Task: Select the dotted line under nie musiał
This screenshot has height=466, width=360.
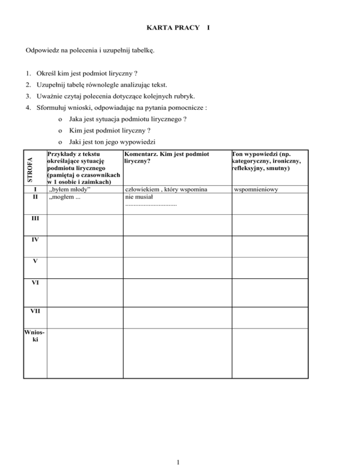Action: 151,205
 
